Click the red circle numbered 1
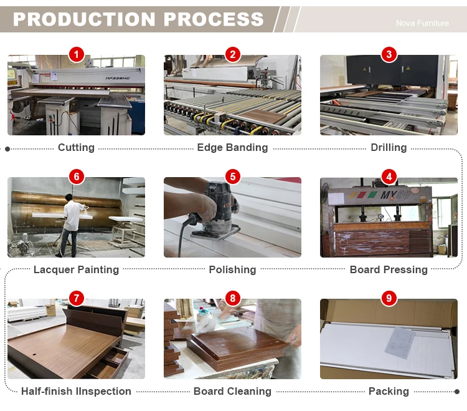76,55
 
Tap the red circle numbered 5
232,176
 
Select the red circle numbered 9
389,298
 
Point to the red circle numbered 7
76,298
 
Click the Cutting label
76,148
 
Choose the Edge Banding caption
232,148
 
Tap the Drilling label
389,148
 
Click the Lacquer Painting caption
76,269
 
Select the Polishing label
232,269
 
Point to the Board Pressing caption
389,269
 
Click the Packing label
389,391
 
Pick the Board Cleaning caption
232,391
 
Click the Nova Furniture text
422,23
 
